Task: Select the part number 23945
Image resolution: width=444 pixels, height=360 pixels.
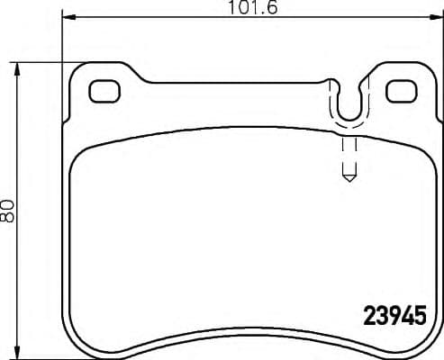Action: tap(393, 317)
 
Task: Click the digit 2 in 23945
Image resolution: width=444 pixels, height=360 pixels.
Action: tap(369, 317)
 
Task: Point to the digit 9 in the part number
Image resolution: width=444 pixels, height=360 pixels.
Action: tap(393, 317)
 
